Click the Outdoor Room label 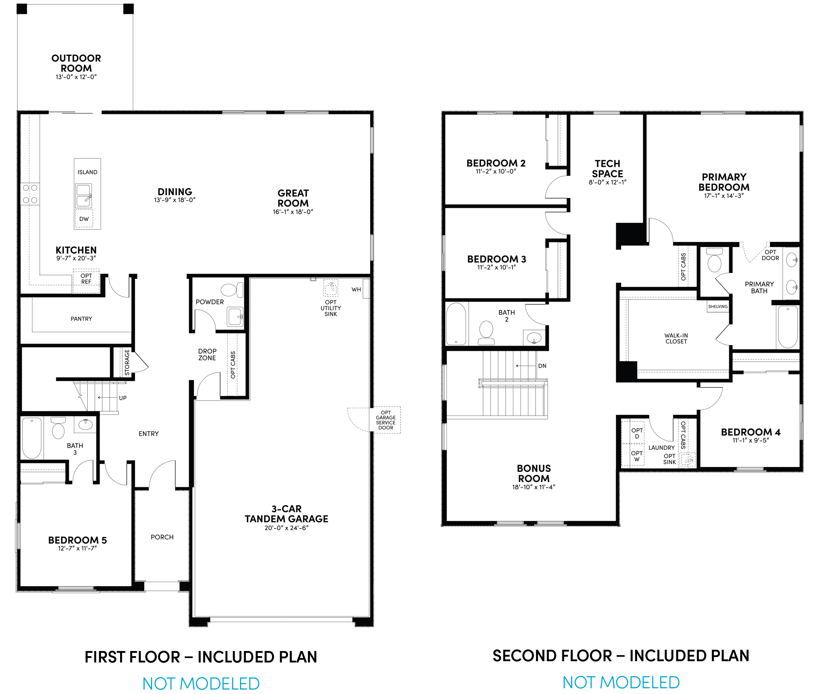(x=76, y=63)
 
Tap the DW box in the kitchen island (x=84, y=219)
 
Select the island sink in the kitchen (x=83, y=196)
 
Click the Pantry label (x=81, y=319)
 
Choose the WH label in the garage (x=356, y=290)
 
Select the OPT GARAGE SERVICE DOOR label (x=385, y=420)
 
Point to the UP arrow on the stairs (x=107, y=398)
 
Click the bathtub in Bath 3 (x=32, y=438)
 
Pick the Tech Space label (x=607, y=168)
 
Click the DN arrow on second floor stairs (x=526, y=366)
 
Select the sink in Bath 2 (x=534, y=337)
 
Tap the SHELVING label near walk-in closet (x=718, y=307)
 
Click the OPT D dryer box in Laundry (x=636, y=433)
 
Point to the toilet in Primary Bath (x=714, y=260)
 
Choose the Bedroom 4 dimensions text (x=750, y=440)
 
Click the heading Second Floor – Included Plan (x=621, y=656)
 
